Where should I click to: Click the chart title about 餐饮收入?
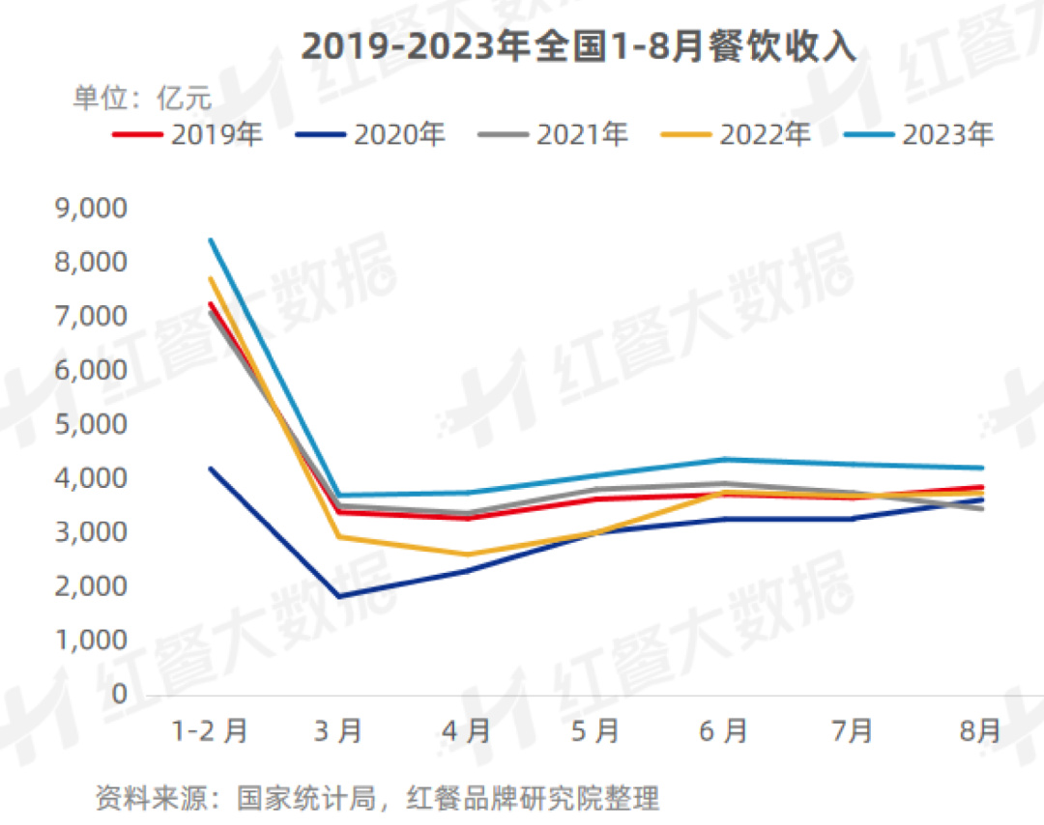578,47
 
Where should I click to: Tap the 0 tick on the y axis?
119,694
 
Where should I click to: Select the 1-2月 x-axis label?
210,731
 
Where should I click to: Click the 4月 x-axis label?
467,731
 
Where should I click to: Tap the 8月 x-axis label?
981,731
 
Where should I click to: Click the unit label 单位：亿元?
142,99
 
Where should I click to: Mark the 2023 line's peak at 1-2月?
210,240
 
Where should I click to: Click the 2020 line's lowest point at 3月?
338,596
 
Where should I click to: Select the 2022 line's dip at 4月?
467,555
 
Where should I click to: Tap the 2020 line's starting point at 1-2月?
210,469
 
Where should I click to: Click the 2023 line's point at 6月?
724,459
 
